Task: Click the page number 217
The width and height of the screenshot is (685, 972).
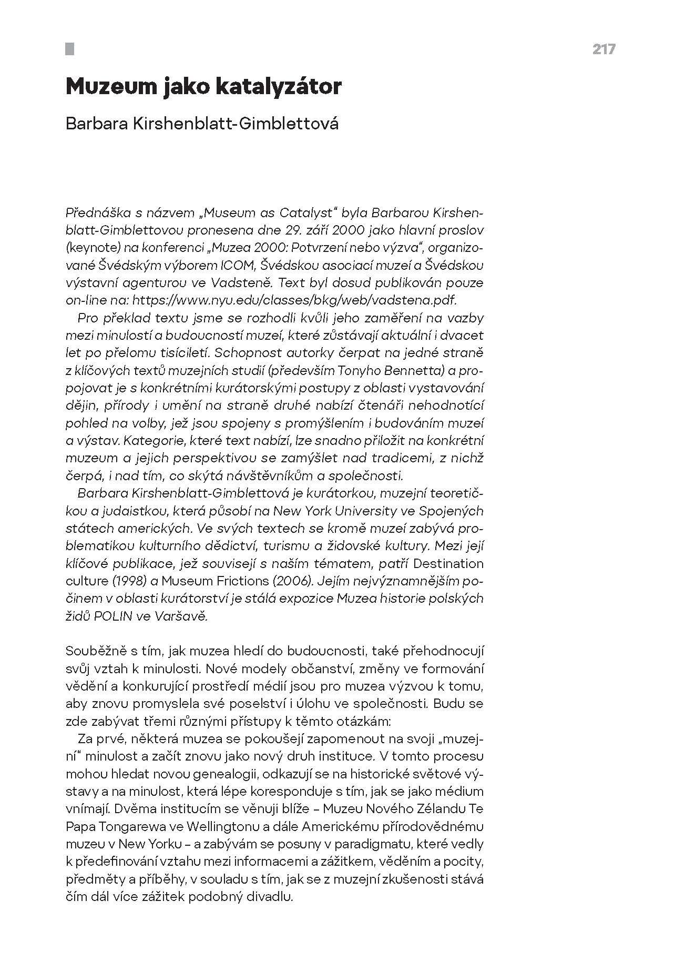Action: click(x=604, y=49)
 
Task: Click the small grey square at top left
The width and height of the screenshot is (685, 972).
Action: click(x=69, y=49)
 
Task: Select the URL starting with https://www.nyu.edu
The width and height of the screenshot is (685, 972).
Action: click(x=294, y=300)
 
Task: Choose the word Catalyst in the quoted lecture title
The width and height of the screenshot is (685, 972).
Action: click(x=304, y=212)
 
